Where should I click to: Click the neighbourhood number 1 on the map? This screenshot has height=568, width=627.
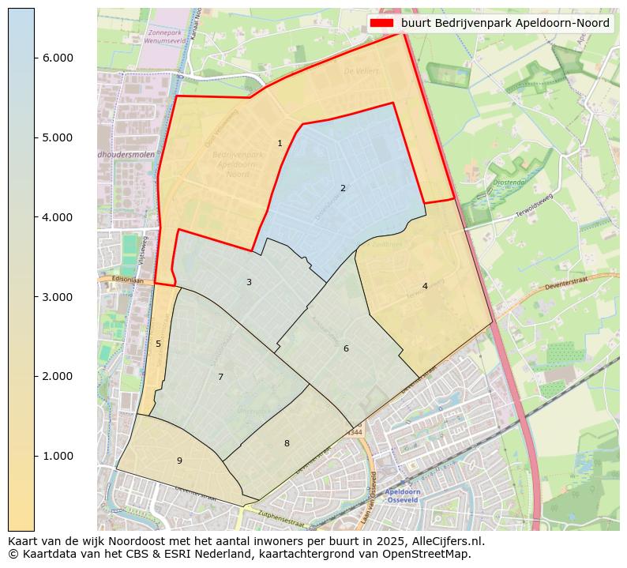[280, 143]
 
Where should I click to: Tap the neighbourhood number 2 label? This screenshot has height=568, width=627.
[343, 188]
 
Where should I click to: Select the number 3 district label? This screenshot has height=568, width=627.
[249, 282]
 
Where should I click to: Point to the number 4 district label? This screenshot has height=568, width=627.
[425, 286]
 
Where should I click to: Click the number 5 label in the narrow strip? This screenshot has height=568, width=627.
[158, 344]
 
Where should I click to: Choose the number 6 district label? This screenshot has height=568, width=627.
[346, 348]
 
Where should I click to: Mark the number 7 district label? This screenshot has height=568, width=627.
[220, 377]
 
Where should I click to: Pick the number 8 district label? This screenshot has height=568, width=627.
[287, 443]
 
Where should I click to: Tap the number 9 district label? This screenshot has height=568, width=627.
[179, 461]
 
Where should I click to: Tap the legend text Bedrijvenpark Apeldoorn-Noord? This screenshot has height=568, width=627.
[505, 24]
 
